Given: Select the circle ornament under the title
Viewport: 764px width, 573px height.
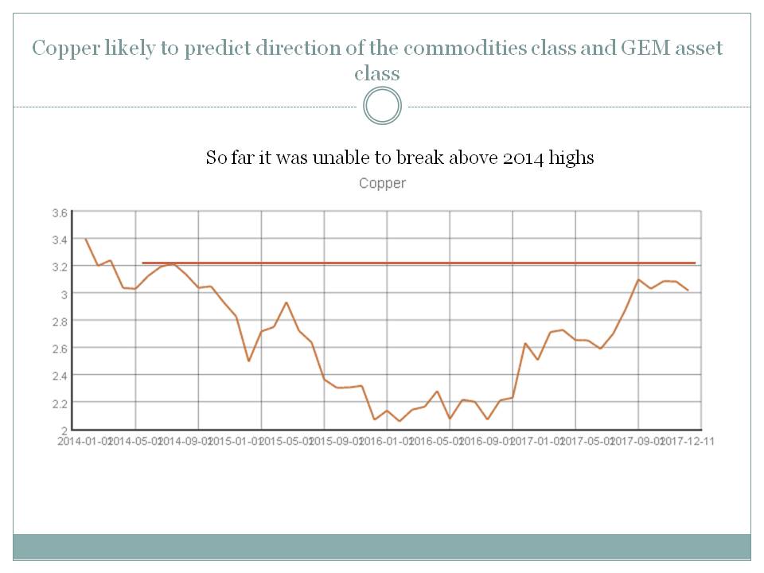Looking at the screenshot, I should (x=382, y=106).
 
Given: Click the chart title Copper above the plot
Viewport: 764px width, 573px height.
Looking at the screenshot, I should (x=382, y=184).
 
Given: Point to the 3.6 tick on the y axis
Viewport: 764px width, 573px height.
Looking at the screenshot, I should (x=59, y=213).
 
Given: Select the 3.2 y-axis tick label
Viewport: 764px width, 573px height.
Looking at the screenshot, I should (x=59, y=267).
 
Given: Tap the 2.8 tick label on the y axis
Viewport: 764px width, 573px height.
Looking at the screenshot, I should (x=59, y=321).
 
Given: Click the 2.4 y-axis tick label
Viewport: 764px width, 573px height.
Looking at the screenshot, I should (x=59, y=375).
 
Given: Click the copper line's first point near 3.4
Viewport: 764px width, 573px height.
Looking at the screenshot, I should (x=85, y=239).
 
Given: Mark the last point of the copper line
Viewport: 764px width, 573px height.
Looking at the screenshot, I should (x=688, y=290).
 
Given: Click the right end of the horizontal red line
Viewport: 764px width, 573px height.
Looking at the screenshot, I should (x=695, y=263).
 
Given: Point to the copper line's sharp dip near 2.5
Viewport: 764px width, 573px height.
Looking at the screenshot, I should (x=249, y=361).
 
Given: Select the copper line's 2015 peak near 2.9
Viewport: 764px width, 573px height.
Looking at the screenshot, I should (x=286, y=302).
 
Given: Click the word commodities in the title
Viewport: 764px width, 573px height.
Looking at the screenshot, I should (x=462, y=49).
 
